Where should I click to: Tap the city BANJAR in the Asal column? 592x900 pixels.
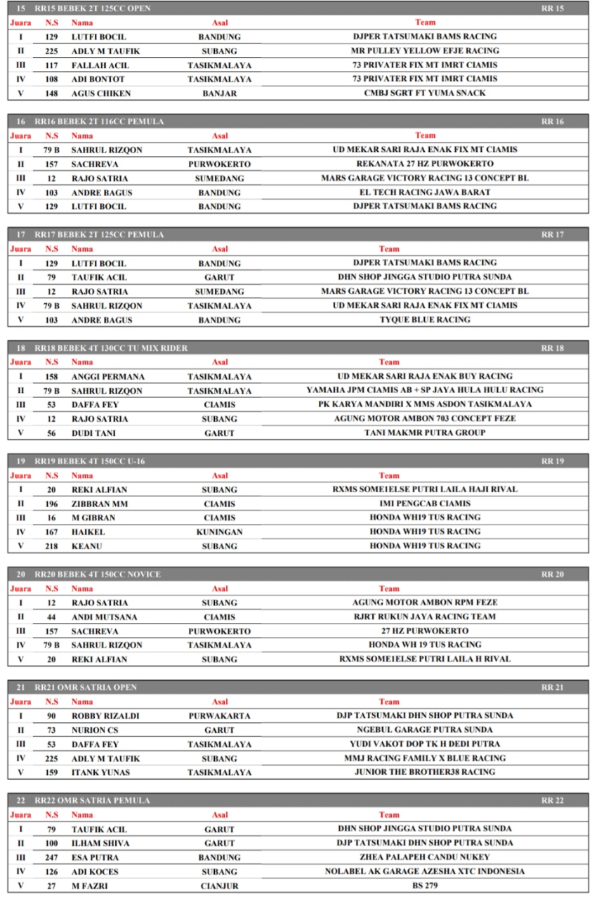[x=219, y=94]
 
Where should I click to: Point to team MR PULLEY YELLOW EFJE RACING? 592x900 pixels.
[x=425, y=51]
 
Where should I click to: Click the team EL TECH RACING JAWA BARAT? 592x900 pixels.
[x=425, y=192]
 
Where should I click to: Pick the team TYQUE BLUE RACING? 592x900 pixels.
[x=425, y=320]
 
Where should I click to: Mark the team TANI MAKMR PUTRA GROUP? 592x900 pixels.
[x=425, y=433]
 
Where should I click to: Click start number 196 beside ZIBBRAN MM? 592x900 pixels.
[x=51, y=503]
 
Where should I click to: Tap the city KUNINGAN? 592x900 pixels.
[x=219, y=532]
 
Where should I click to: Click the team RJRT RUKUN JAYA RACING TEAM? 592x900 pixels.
[x=425, y=617]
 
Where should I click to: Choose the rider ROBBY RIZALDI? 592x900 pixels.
[x=105, y=716]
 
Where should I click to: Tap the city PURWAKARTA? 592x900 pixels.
[x=219, y=716]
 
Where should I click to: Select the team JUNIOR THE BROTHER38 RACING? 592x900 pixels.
[x=425, y=772]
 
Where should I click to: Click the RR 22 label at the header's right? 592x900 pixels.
[x=552, y=801]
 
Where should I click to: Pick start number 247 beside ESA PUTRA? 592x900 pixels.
[x=51, y=858]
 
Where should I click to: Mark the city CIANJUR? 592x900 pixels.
[x=219, y=886]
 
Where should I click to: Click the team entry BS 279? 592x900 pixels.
[x=425, y=886]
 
